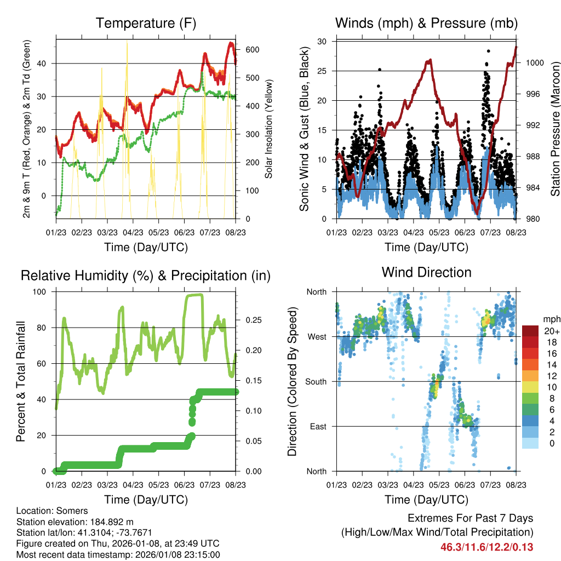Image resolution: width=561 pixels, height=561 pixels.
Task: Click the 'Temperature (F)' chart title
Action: (x=146, y=24)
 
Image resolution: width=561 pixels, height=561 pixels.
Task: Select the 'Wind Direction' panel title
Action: (x=426, y=272)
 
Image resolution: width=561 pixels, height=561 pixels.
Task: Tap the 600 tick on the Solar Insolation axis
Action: (x=251, y=50)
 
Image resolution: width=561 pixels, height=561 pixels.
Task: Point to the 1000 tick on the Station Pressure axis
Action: (x=534, y=63)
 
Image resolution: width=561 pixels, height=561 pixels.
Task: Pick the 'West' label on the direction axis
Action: (x=316, y=336)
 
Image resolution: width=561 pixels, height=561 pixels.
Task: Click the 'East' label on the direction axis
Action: (x=317, y=426)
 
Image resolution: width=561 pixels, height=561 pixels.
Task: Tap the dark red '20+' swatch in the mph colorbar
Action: (x=530, y=331)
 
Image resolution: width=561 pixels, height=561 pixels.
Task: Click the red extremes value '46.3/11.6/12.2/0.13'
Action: (x=487, y=547)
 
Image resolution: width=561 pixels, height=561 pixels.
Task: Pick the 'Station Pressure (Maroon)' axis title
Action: (x=555, y=130)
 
